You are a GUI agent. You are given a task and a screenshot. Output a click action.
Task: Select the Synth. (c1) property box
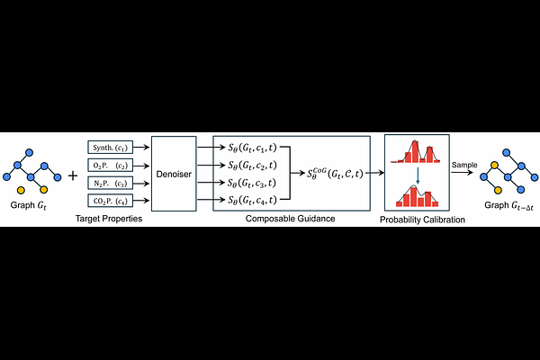(110, 148)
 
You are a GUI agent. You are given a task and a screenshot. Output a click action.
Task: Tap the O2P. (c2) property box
(110, 166)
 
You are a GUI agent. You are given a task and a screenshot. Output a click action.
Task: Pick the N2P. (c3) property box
(110, 184)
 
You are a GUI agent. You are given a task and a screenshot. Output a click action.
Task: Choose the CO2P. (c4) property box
(110, 201)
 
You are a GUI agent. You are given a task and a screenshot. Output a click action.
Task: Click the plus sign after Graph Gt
(73, 176)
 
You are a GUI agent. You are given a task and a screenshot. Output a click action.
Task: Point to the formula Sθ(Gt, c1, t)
(252, 148)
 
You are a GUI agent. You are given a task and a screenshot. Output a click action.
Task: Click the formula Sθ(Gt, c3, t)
(252, 183)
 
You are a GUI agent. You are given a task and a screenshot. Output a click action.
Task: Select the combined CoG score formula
(335, 173)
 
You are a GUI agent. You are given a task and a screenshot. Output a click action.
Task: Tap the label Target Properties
(109, 219)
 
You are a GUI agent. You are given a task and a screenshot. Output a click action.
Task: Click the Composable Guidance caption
(291, 219)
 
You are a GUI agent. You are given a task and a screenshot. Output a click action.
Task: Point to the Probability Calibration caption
(422, 220)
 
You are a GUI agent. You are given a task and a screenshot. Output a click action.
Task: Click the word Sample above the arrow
(464, 165)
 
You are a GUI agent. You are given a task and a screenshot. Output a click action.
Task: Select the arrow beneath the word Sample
(463, 172)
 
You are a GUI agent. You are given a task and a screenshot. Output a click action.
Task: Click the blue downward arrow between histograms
(418, 175)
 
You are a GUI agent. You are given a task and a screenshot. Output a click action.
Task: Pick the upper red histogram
(415, 151)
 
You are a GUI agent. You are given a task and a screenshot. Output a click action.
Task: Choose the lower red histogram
(417, 196)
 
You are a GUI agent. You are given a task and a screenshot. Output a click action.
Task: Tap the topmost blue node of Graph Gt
(30, 152)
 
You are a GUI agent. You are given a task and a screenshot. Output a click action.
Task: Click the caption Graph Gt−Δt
(508, 206)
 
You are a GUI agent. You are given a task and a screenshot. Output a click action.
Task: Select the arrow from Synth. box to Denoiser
(141, 148)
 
